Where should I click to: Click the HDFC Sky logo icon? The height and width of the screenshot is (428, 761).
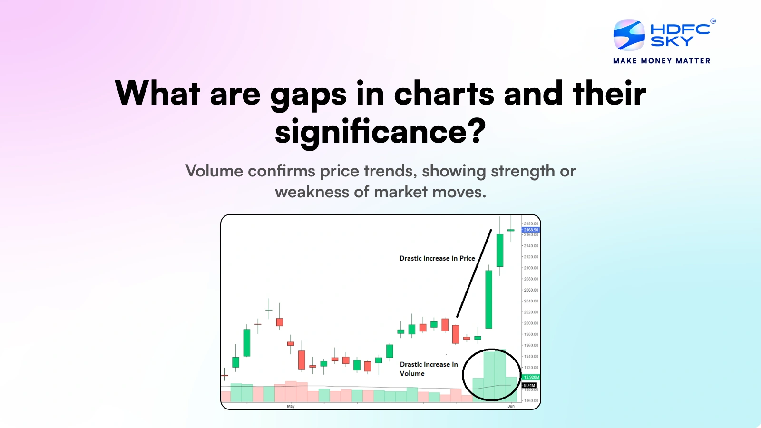[629, 35]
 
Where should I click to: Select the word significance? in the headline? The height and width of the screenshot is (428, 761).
[380, 132]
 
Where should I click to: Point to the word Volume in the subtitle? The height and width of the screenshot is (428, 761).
[214, 171]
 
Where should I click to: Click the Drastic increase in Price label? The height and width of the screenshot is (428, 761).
[437, 258]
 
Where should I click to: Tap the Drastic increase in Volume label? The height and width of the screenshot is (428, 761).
[429, 369]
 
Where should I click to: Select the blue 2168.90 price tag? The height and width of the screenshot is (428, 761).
[531, 230]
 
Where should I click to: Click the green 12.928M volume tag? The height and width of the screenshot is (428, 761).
[531, 377]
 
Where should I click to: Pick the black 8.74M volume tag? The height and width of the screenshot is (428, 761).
[529, 385]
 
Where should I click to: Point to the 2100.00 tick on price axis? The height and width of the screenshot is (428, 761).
[531, 268]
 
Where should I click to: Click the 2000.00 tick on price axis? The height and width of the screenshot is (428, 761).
[531, 323]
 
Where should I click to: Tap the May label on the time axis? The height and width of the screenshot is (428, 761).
[291, 406]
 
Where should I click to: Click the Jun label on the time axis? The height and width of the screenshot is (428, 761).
[511, 406]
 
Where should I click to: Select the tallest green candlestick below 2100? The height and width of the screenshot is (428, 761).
[488, 300]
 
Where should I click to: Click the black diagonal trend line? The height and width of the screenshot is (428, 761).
[474, 273]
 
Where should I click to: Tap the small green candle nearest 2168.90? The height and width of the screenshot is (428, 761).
[511, 230]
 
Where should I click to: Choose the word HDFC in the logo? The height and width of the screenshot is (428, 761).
[680, 29]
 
